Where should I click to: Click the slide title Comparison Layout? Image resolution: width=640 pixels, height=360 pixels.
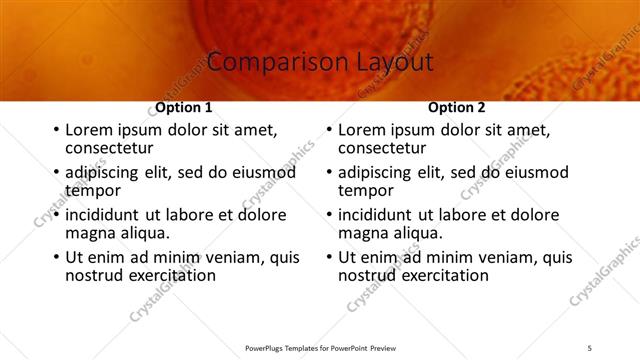click(x=320, y=62)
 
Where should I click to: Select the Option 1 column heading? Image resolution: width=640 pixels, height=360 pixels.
click(x=184, y=107)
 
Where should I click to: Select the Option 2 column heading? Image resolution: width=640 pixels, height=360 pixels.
click(x=456, y=107)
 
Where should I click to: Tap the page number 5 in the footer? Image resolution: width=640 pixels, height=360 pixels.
click(x=589, y=347)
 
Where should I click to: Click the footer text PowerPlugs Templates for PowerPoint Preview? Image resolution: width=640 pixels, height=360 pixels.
click(x=319, y=347)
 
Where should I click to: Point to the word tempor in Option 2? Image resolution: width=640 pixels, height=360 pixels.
click(x=366, y=191)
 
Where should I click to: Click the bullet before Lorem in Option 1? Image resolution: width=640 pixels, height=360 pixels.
click(x=55, y=131)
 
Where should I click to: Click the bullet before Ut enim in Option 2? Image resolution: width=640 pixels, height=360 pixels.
click(x=328, y=257)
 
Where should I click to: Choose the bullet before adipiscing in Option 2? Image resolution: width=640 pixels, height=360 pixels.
click(x=328, y=173)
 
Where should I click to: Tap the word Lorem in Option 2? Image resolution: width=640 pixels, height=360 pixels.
click(x=362, y=131)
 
